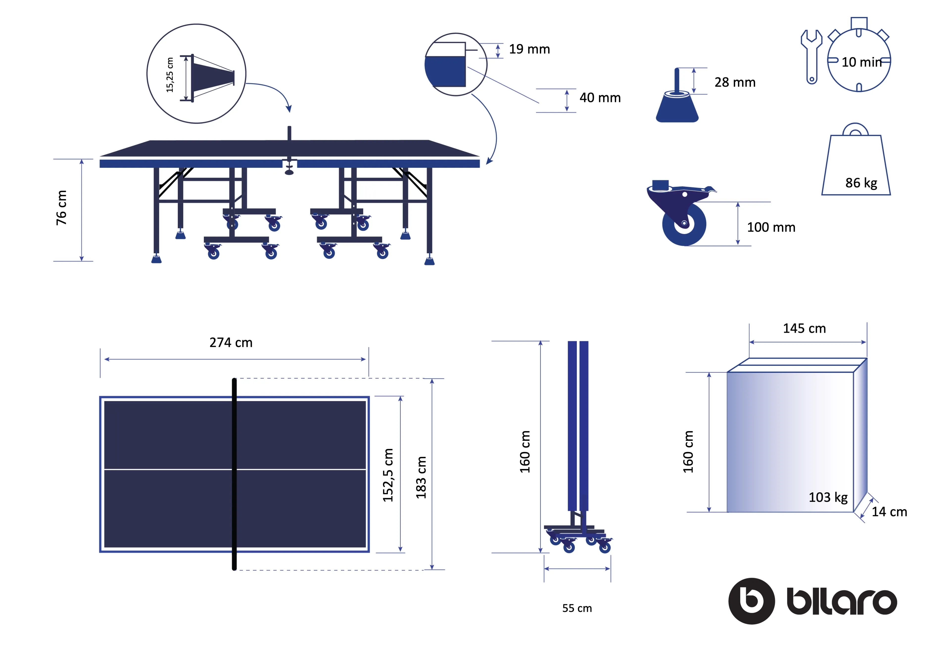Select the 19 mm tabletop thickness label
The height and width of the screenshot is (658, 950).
tap(529, 49)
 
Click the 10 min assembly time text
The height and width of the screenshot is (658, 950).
tap(861, 62)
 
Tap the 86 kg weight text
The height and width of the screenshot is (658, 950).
tap(861, 183)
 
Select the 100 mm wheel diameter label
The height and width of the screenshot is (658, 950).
tap(771, 227)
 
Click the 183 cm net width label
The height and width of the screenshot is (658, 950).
tap(421, 478)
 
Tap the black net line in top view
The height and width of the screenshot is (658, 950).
tap(234, 474)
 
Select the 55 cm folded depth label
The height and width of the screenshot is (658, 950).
tap(577, 608)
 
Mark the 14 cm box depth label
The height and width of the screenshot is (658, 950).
tap(889, 512)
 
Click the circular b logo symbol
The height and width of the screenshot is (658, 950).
tap(751, 601)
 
